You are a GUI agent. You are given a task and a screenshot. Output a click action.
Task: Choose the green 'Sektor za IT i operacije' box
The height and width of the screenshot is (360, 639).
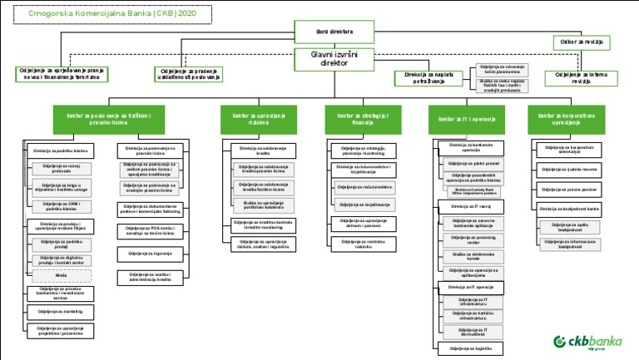(461, 120)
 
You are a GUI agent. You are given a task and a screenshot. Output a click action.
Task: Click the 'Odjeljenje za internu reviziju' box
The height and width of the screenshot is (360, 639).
(582, 78)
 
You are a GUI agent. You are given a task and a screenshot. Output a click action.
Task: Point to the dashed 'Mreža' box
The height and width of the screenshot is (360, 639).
(61, 275)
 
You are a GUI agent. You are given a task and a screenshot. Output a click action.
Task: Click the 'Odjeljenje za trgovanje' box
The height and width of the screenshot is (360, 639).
(149, 253)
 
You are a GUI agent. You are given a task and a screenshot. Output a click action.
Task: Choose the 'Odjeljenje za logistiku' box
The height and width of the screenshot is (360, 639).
(471, 348)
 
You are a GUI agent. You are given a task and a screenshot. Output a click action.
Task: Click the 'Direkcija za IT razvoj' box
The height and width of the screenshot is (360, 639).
(471, 205)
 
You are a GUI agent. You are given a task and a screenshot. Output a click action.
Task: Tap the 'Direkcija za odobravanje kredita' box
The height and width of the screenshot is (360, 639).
(257, 150)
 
